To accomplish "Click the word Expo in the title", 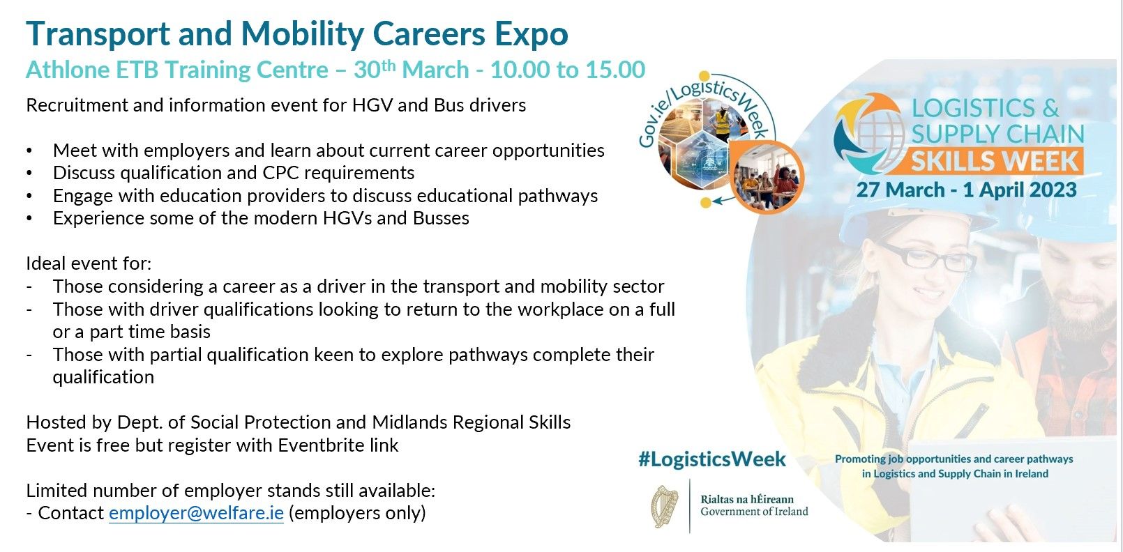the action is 531,34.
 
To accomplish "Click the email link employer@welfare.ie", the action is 196,513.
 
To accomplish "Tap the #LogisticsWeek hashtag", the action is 712,459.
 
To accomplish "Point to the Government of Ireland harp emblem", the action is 664,507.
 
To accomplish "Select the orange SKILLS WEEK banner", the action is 995,161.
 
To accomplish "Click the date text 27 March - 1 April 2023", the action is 966,190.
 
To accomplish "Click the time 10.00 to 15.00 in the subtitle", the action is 567,70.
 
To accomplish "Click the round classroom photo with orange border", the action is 767,178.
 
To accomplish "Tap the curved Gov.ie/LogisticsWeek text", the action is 702,105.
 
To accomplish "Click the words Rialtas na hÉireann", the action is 747,500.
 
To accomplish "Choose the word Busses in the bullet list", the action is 441,218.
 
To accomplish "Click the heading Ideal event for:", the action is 89,263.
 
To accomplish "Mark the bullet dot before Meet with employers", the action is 29,151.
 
